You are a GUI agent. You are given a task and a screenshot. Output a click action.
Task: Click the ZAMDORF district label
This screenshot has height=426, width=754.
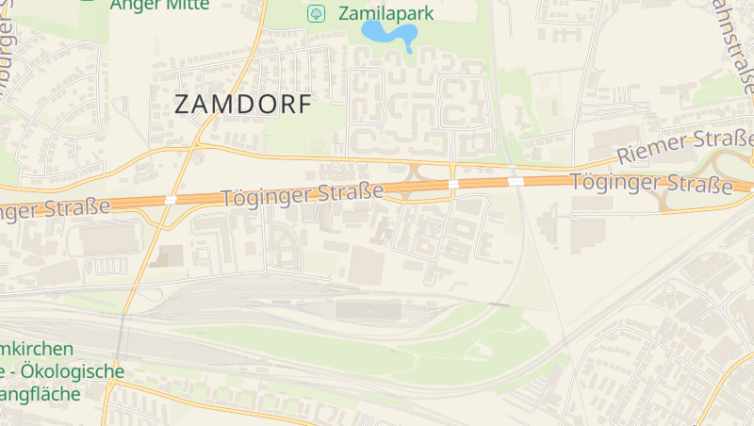242,105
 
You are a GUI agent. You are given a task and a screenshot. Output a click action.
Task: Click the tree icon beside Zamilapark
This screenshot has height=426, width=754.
316,13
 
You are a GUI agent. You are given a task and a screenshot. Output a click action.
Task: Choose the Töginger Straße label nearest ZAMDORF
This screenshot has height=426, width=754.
302,196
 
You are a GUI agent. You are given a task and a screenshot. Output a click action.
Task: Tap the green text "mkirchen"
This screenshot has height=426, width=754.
37,349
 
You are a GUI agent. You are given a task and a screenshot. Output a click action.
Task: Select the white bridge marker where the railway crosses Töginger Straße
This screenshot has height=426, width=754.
516,181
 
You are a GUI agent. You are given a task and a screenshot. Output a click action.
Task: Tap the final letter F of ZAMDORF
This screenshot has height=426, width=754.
303,105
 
